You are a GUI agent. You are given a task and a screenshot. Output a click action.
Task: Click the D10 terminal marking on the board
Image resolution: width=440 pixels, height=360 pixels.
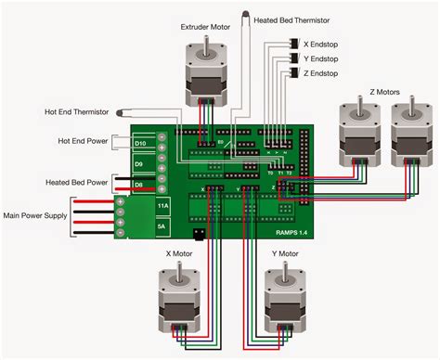pyautogui.click(x=140, y=144)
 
